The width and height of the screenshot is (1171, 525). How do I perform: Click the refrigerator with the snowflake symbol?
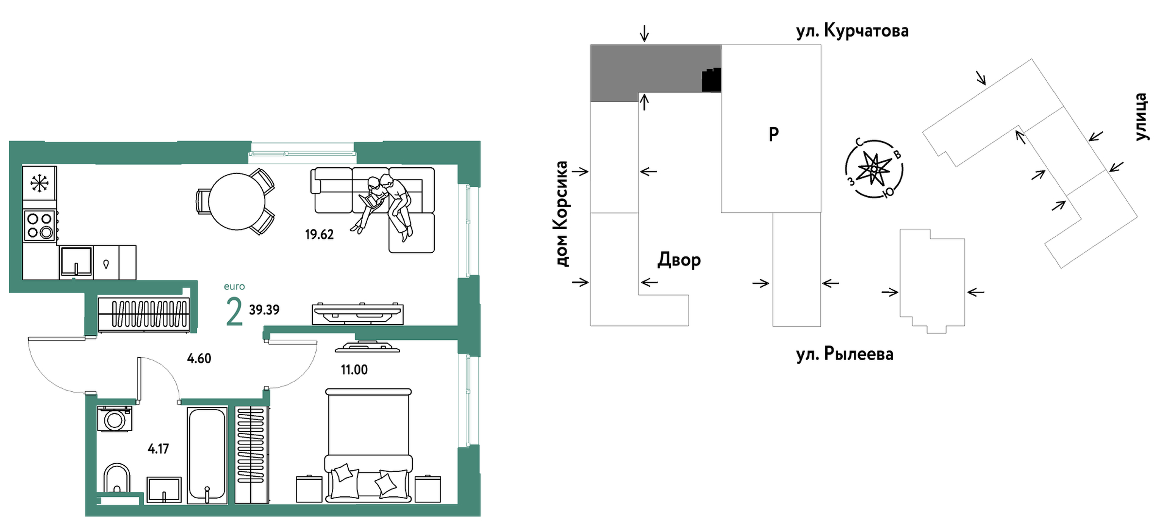[x=39, y=183]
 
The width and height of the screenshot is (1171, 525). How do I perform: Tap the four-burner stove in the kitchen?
[x=40, y=226]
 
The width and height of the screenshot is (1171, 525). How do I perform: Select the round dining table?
[x=237, y=201]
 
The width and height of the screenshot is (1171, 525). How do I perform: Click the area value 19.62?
[x=319, y=235]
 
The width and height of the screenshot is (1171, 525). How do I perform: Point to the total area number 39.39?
[x=264, y=310]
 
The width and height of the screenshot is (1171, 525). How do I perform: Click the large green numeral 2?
[x=234, y=312]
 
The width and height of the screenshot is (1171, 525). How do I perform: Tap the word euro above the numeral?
[x=234, y=286]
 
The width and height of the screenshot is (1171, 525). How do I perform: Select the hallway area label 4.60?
[x=199, y=359]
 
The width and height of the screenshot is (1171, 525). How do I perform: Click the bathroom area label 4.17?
[x=158, y=449]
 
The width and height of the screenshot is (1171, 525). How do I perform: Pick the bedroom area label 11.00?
[x=354, y=370]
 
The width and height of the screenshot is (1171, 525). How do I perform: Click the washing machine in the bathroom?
[x=115, y=419]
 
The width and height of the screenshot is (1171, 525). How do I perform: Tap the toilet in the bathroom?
[x=117, y=479]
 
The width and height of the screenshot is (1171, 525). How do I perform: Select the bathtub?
[x=207, y=455]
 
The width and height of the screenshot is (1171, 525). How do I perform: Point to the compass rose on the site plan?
[x=874, y=169]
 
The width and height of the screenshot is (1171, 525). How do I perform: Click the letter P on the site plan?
[x=774, y=134]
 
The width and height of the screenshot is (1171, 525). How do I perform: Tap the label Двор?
[x=679, y=260]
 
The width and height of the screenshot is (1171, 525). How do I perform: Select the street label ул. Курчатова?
[x=852, y=31]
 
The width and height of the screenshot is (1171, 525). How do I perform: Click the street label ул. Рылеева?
[x=844, y=354]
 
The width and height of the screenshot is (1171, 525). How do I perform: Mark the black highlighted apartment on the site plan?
[x=711, y=81]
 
